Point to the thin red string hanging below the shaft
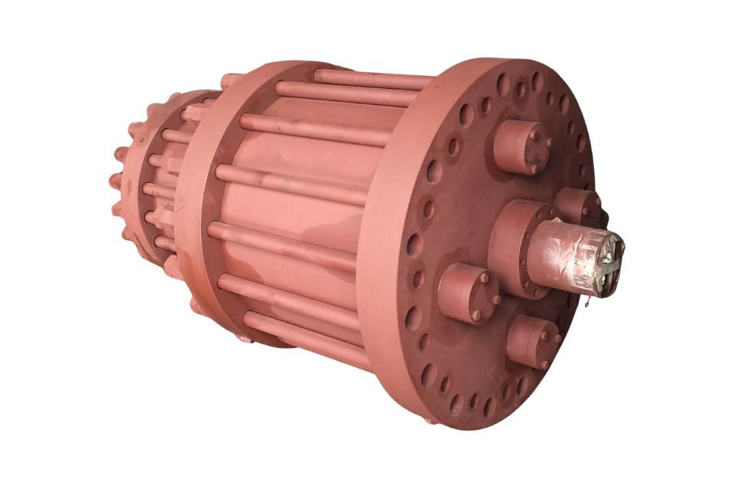tap(586, 303)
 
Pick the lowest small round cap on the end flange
tap(530, 341)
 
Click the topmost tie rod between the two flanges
tap(368, 77)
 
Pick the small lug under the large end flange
tap(430, 418)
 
